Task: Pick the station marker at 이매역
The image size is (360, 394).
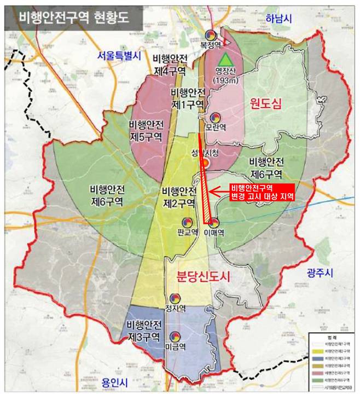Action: tap(214, 223)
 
